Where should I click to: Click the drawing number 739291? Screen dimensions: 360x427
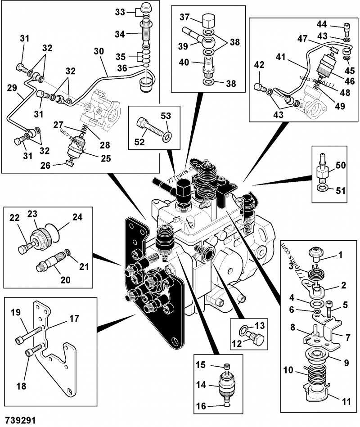tap(20, 420)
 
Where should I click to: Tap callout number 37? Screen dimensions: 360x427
tap(184, 17)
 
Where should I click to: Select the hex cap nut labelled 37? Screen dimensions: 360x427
tap(209, 21)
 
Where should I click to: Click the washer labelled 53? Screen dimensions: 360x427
tap(167, 136)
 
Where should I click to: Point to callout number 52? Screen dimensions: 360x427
tap(139, 142)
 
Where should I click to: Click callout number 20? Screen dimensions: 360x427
tap(65, 280)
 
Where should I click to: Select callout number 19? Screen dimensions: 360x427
tap(15, 312)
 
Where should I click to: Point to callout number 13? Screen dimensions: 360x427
tap(260, 326)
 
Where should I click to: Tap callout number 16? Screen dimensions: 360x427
tap(201, 406)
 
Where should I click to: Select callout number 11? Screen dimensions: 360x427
tap(346, 401)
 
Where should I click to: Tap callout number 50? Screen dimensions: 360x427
tap(340, 165)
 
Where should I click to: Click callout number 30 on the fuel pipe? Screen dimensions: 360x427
tap(99, 51)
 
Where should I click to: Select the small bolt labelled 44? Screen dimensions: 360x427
tap(346, 29)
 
